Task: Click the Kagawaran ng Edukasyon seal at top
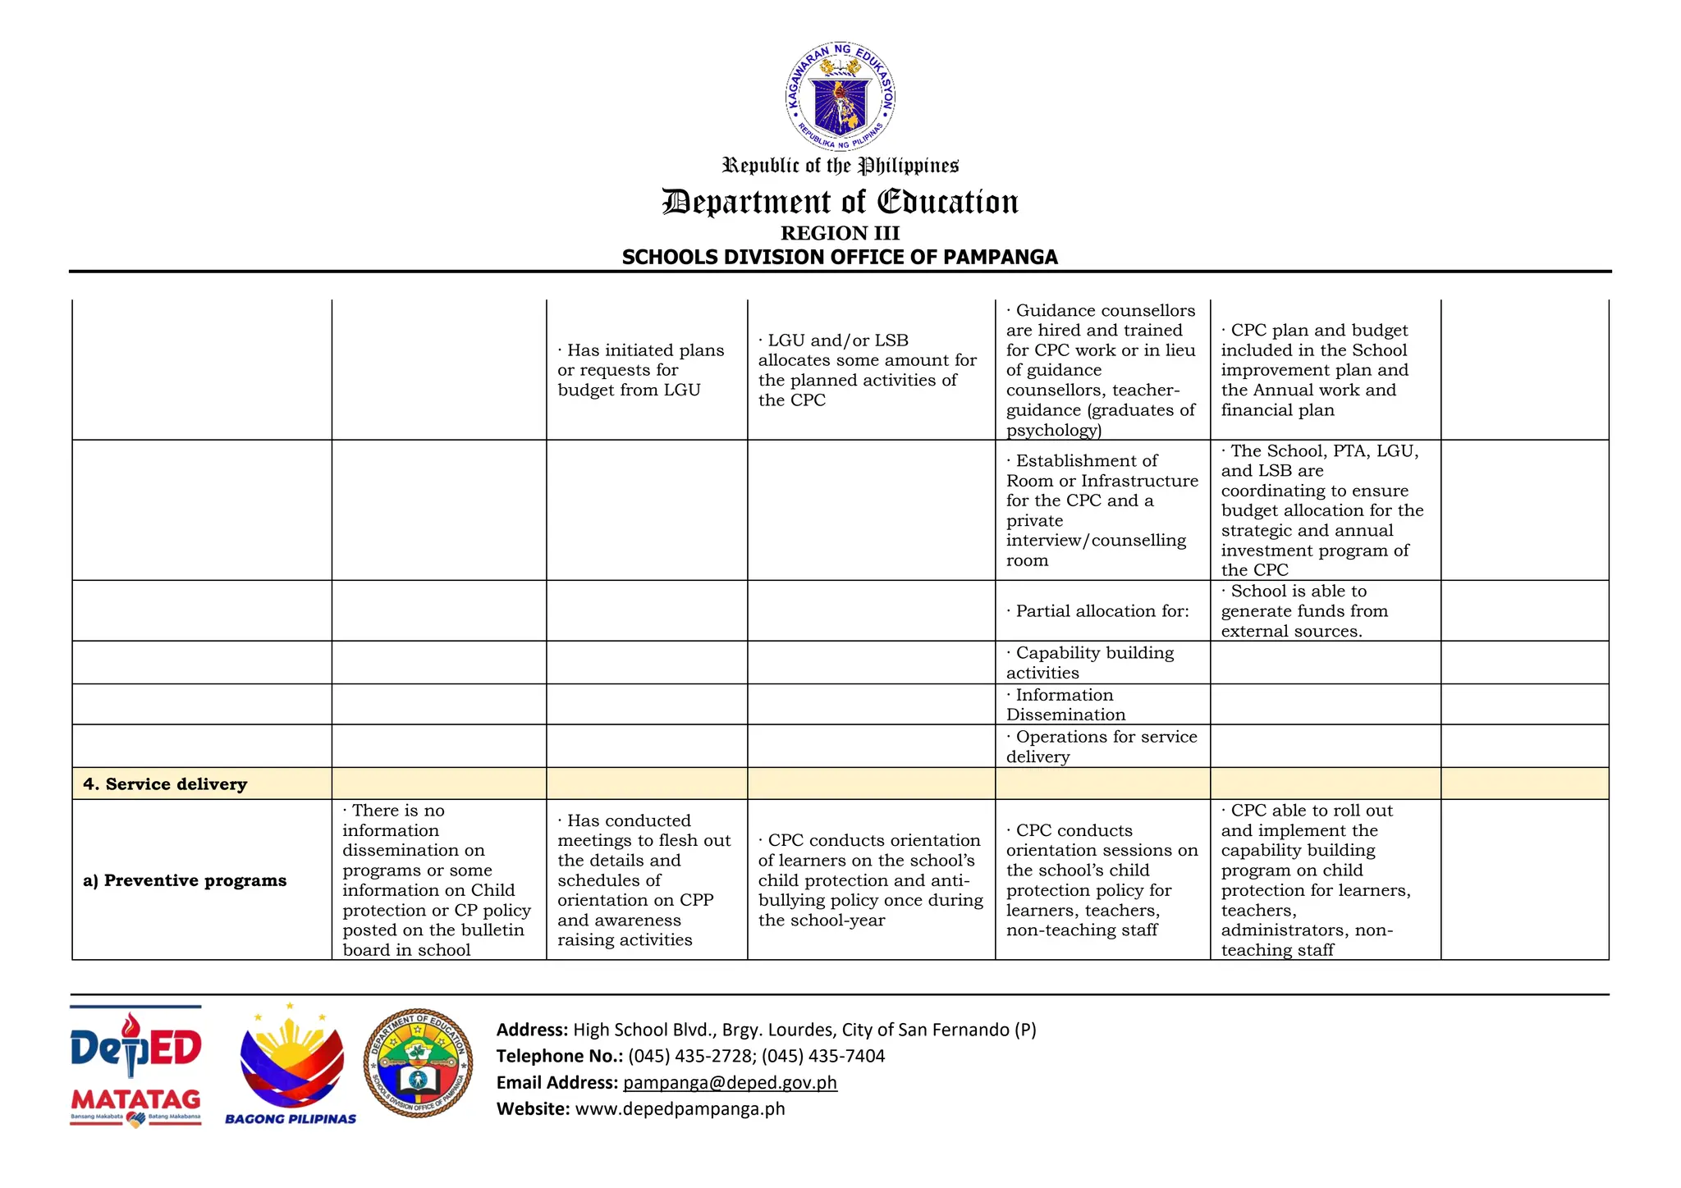(x=840, y=97)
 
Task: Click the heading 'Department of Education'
(x=840, y=202)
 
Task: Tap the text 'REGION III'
(x=840, y=234)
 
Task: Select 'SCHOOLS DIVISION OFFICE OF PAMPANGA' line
(x=840, y=258)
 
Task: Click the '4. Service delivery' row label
(x=165, y=784)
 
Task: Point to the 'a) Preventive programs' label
(x=185, y=880)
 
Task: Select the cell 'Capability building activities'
(x=1090, y=663)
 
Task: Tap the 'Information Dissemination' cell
(x=1065, y=705)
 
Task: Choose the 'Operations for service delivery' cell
(x=1102, y=747)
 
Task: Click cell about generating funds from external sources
(x=1303, y=611)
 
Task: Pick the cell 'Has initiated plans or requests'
(x=641, y=370)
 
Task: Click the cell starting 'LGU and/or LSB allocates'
(x=867, y=370)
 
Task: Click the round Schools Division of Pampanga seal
(x=419, y=1062)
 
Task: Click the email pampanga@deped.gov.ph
(x=730, y=1082)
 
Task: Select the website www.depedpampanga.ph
(x=680, y=1109)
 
